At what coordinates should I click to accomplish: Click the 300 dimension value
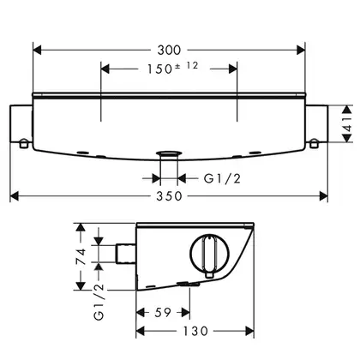click(169, 51)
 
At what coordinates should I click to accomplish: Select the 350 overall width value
click(169, 196)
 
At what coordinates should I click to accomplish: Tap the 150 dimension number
click(159, 69)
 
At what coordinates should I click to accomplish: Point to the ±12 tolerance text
click(187, 66)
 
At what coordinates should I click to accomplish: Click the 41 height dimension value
click(347, 123)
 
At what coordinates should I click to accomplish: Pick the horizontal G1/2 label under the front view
click(222, 179)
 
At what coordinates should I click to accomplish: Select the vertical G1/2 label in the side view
click(99, 302)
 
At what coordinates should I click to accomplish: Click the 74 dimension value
click(81, 256)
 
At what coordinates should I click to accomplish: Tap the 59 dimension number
click(163, 312)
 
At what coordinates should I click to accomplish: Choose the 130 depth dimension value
click(195, 331)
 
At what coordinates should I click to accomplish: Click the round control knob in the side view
click(210, 253)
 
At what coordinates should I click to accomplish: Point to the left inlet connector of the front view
click(21, 123)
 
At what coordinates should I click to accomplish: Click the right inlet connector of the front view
click(316, 123)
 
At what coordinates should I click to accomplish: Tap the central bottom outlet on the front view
click(169, 153)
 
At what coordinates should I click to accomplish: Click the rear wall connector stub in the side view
click(125, 254)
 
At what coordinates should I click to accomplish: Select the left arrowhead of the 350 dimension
click(15, 196)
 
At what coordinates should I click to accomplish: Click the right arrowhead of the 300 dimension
click(301, 51)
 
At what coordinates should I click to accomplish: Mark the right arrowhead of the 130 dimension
click(249, 331)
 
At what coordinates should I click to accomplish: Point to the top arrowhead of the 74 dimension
click(81, 227)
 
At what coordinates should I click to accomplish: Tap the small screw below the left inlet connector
click(24, 143)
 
